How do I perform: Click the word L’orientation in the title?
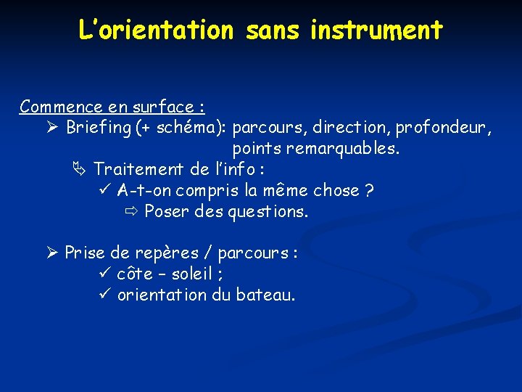pyautogui.click(x=156, y=30)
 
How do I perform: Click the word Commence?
pyautogui.click(x=60, y=107)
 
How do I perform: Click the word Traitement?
pyautogui.click(x=139, y=170)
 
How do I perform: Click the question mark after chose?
pyautogui.click(x=369, y=191)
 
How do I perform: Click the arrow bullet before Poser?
pyautogui.click(x=130, y=212)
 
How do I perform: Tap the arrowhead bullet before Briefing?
pyautogui.click(x=51, y=128)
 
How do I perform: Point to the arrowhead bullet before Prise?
pyautogui.click(x=51, y=253)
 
